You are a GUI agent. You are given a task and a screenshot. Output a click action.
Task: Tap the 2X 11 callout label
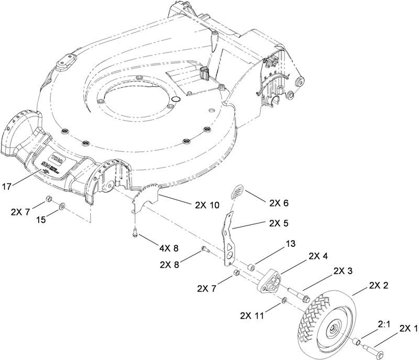252,316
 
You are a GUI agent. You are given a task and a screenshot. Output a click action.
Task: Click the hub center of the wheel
333,331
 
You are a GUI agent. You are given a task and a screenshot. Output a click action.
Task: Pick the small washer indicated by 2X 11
284,301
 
